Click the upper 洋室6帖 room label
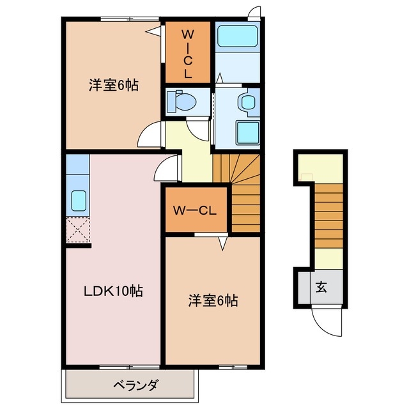pyautogui.click(x=114, y=85)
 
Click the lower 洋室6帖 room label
pyautogui.click(x=213, y=300)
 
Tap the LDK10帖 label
pyautogui.click(x=113, y=291)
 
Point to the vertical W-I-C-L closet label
pyautogui.click(x=187, y=54)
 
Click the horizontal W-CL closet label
pyautogui.click(x=196, y=210)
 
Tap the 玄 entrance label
pyautogui.click(x=320, y=287)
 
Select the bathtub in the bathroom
pyautogui.click(x=237, y=38)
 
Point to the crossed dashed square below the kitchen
pyautogui.click(x=79, y=231)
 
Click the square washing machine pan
pyautogui.click(x=246, y=133)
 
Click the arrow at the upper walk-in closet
pyautogui.click(x=153, y=30)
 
